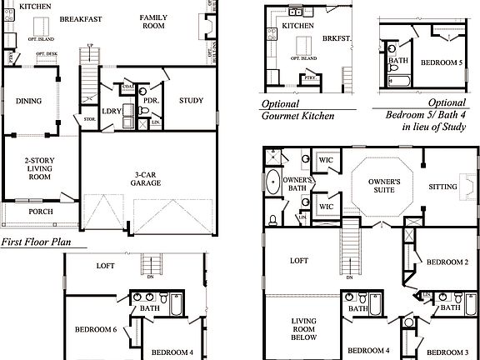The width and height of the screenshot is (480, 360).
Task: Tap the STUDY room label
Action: (x=191, y=101)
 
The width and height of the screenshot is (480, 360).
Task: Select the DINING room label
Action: (x=29, y=102)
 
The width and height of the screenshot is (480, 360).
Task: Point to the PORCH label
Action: (x=40, y=212)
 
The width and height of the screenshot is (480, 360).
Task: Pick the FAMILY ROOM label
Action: (x=153, y=22)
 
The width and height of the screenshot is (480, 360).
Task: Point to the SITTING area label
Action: (x=443, y=187)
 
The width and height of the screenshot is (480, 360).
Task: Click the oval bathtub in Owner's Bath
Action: (x=272, y=182)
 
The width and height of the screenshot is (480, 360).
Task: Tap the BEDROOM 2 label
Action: (x=447, y=262)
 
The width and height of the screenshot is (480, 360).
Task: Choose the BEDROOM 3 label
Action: (x=447, y=351)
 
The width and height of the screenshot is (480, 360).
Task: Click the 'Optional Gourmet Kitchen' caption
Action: (x=297, y=110)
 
